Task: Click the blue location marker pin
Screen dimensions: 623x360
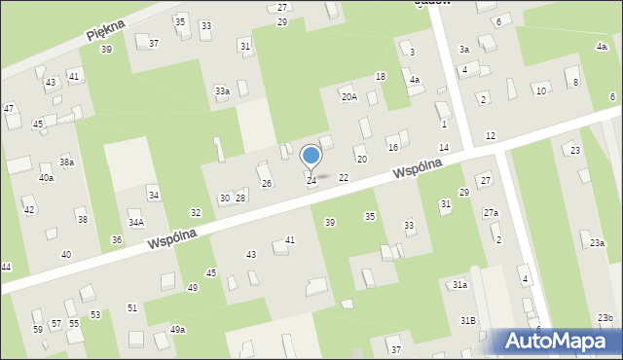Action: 311,157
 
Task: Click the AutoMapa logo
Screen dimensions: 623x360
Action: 560,342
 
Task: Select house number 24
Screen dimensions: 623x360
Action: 311,181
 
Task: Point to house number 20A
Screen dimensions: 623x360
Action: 348,97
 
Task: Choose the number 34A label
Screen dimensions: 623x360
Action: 136,223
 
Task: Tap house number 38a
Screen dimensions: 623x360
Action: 66,162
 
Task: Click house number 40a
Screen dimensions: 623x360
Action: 46,178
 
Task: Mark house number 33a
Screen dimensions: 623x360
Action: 222,91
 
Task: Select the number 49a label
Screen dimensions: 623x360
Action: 177,330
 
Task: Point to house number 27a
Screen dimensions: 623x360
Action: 491,213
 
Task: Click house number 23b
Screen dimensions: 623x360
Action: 605,318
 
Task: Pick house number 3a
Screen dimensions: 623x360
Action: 464,50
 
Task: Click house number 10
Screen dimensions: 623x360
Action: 540,90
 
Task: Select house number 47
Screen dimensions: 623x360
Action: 9,108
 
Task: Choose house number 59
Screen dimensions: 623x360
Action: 38,330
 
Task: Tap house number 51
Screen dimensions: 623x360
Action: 131,307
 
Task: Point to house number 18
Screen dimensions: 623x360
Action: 381,76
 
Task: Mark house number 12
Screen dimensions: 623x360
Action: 491,135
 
